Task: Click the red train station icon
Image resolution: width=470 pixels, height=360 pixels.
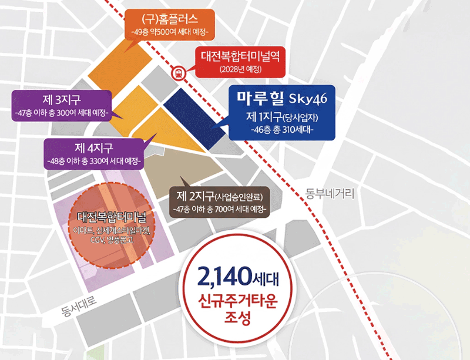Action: tap(177, 73)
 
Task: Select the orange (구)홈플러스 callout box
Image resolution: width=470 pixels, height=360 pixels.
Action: tap(173, 22)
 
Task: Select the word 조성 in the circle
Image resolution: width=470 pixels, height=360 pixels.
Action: tap(237, 321)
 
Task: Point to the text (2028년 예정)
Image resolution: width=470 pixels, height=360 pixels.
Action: tap(240, 70)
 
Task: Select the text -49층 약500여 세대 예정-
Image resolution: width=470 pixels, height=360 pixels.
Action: tap(173, 30)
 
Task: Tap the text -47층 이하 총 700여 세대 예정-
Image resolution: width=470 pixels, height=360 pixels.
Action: tap(219, 208)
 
